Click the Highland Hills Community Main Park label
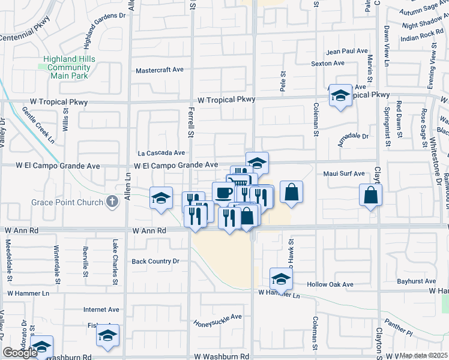coord(68,67)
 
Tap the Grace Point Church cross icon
coord(112,202)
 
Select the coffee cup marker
coord(223,193)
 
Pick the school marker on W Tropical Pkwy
coord(340,95)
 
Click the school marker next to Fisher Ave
coord(107,335)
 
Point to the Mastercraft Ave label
coord(160,70)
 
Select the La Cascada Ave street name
coord(161,153)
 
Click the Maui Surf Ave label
coord(344,174)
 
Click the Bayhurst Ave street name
coord(417,281)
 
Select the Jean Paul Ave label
coord(346,52)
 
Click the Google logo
coord(20,353)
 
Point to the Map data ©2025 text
coord(424,356)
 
